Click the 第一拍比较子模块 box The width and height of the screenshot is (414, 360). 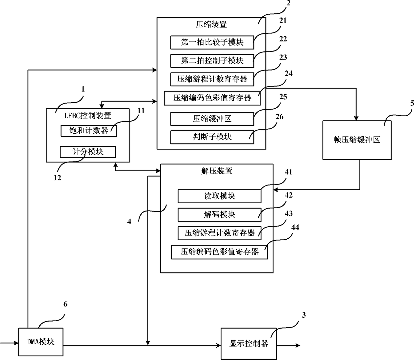click(212, 42)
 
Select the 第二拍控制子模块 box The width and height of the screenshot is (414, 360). click(212, 61)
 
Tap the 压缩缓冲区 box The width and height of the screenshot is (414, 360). click(212, 119)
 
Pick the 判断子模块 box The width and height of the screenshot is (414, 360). click(212, 137)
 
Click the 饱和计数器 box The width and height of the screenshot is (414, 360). click(88, 131)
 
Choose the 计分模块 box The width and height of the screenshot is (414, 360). click(88, 152)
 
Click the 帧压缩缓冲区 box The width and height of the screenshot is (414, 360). click(357, 140)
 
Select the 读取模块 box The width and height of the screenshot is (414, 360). click(220, 196)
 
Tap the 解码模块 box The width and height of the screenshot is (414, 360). click(220, 215)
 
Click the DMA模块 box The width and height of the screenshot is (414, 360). click(41, 342)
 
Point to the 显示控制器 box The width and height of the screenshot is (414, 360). click(249, 344)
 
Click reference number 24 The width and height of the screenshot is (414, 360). click(289, 73)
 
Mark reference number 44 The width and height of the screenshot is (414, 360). click(295, 227)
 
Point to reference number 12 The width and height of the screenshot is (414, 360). click(57, 178)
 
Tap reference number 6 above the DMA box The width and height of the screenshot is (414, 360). click(65, 304)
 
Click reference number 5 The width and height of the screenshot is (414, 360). click(412, 104)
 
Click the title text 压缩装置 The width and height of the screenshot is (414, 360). click(211, 24)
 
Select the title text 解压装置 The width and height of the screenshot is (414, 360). click(217, 171)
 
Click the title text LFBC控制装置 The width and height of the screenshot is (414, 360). click(87, 116)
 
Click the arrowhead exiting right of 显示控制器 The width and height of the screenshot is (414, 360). click(298, 345)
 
